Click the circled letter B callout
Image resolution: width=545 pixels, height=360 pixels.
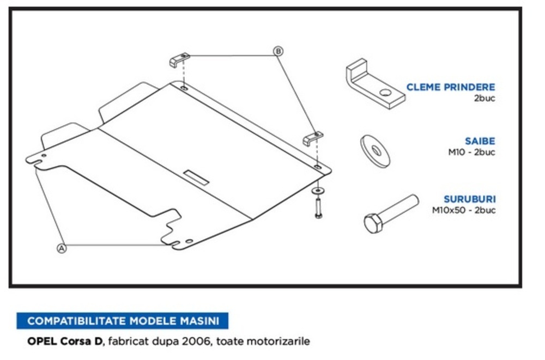coord(278,51)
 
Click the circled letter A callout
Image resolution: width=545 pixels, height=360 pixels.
coord(62,248)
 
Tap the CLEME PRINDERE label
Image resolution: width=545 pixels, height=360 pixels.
coord(450,87)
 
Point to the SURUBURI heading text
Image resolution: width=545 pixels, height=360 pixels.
coord(469,199)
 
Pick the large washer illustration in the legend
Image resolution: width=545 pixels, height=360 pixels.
coord(375,151)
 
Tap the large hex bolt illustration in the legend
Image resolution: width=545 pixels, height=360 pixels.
coord(390,213)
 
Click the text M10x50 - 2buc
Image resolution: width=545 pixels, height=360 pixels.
coord(464,210)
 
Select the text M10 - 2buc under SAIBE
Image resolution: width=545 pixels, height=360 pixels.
coord(471,152)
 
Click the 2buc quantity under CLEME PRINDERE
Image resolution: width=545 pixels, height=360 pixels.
coord(484,99)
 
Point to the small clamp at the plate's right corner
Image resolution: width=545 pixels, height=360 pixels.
coord(313,138)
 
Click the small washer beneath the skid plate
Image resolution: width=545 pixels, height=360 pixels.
coord(317,191)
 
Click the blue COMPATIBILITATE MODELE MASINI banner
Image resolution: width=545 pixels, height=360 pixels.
coord(123,321)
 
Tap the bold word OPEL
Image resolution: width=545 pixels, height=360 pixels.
coord(40,342)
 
